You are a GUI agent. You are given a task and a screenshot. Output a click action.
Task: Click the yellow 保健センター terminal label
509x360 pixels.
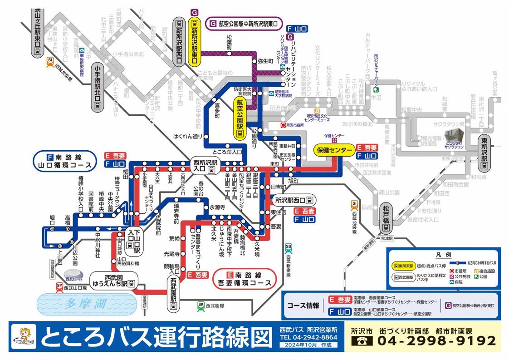[334, 150]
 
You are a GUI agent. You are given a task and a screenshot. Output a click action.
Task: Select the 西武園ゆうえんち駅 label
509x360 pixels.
[113, 280]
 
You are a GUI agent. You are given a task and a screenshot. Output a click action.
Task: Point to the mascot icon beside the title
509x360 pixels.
[24, 337]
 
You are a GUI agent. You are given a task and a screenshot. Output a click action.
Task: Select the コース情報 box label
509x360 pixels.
[303, 306]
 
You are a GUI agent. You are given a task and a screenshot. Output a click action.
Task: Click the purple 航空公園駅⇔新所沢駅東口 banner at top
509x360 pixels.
[246, 23]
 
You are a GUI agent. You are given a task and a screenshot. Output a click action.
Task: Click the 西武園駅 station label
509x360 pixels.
[173, 292]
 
